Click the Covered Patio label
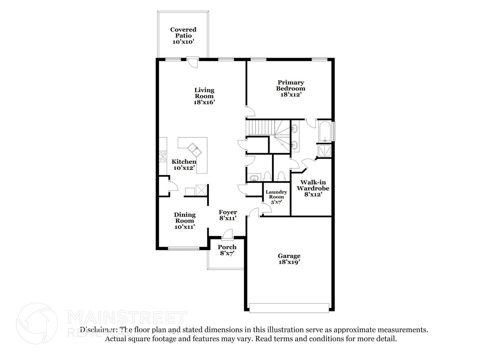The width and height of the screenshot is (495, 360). coord(183,33)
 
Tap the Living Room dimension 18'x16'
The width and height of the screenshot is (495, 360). coord(204,102)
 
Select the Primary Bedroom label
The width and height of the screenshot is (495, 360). coord(290,85)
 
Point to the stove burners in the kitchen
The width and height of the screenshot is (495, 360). coord(163,157)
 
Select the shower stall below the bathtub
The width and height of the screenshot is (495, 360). coord(324,151)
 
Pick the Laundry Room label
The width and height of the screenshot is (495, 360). coord(276,195)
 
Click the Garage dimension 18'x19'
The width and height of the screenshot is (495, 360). coord(289,262)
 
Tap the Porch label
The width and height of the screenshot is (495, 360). coord(227,247)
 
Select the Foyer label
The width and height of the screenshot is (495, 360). coord(228,212)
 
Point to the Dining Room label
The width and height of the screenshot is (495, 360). coord(185,218)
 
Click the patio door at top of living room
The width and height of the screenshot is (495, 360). coord(192,61)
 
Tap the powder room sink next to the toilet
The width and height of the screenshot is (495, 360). coord(254,178)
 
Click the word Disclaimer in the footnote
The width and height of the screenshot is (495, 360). coord(98,330)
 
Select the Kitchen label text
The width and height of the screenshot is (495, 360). coord(184,162)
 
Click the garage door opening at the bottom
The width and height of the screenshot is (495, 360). coord(289,308)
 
